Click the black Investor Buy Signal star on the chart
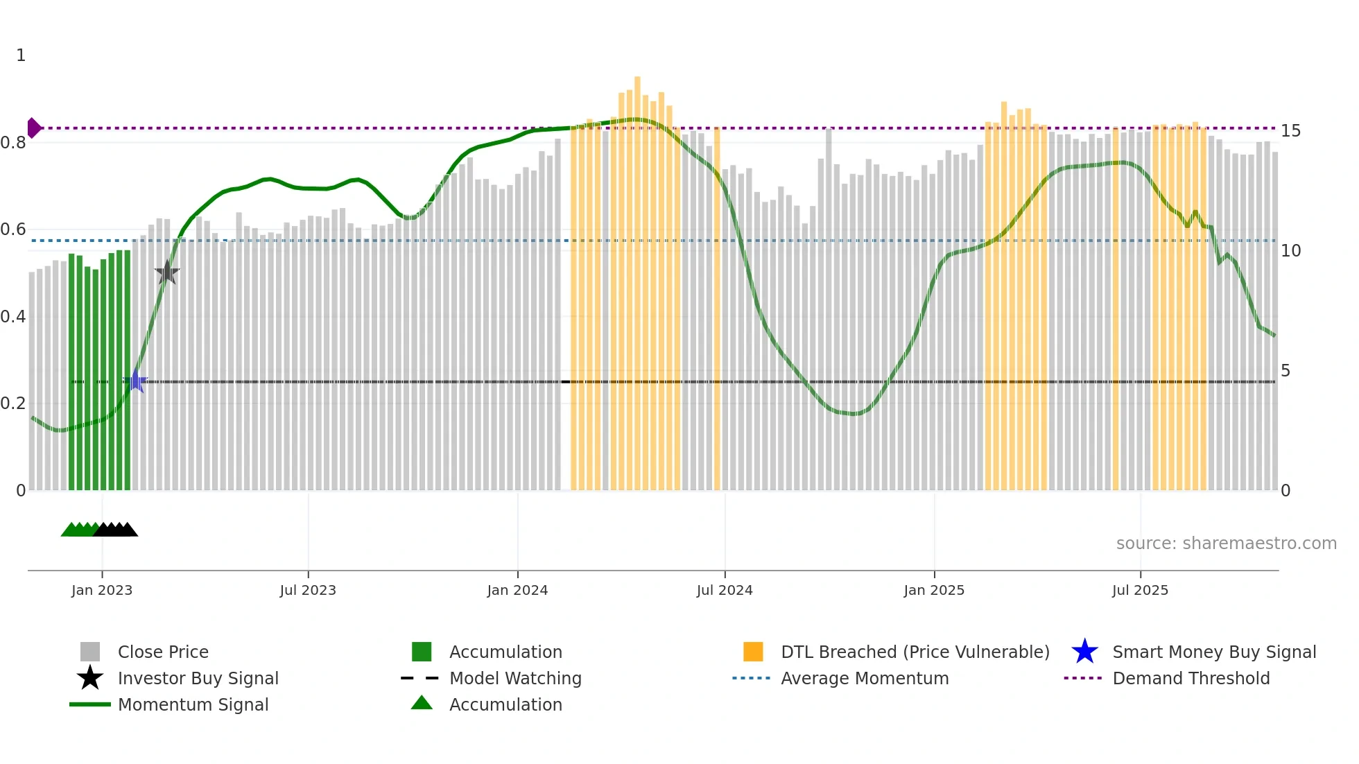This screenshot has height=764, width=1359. click(x=167, y=272)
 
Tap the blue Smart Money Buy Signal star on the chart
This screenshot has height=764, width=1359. click(x=136, y=381)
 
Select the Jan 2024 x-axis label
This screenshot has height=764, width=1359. click(x=517, y=590)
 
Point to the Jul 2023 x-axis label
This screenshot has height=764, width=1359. click(x=308, y=590)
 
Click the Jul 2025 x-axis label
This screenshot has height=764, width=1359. click(x=1140, y=590)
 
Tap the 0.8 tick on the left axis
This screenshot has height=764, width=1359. click(x=13, y=143)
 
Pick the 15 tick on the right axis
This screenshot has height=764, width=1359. click(x=1290, y=131)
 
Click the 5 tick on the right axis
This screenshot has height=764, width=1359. click(x=1286, y=371)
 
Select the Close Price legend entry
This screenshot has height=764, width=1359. click(x=163, y=652)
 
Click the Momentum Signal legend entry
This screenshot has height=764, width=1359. click(x=193, y=704)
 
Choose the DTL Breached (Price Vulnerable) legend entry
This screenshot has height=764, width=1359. click(x=915, y=652)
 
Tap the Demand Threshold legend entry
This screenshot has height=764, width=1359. click(x=1191, y=678)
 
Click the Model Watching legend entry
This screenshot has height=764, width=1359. click(x=515, y=678)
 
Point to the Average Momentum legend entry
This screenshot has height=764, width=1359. click(x=865, y=678)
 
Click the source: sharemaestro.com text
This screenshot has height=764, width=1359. click(x=1226, y=543)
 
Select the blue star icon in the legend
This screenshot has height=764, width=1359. click(x=1084, y=652)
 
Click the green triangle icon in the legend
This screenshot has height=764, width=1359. click(x=422, y=703)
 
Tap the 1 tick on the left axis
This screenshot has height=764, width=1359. click(x=21, y=55)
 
